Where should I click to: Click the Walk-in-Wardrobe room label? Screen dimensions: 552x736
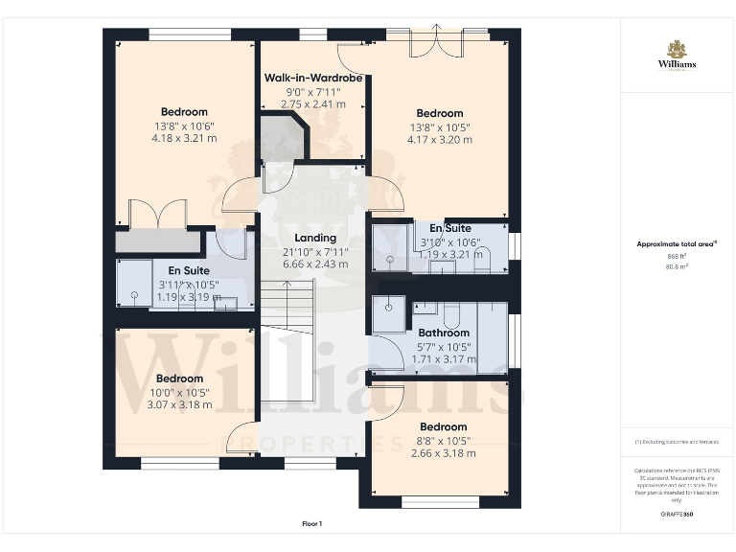tap(313, 78)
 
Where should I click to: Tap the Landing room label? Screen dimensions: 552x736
tap(314, 238)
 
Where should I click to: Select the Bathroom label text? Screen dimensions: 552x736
tap(443, 333)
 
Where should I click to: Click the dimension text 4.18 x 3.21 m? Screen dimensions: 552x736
tap(184, 138)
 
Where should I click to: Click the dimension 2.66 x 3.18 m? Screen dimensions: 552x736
tap(443, 453)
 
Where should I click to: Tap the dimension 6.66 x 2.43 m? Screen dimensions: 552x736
tap(314, 264)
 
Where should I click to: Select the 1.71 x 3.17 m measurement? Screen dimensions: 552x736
tap(443, 359)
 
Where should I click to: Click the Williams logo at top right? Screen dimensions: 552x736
tap(677, 56)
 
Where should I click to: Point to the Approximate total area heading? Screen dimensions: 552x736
tap(676, 244)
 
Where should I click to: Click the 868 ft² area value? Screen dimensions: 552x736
tap(677, 257)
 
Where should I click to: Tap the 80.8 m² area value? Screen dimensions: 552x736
tap(677, 268)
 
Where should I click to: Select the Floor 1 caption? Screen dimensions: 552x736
tap(312, 523)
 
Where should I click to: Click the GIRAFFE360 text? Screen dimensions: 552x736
tap(677, 515)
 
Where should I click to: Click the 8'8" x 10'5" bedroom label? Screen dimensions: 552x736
tap(443, 440)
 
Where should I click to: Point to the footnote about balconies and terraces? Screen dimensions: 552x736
tap(677, 442)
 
